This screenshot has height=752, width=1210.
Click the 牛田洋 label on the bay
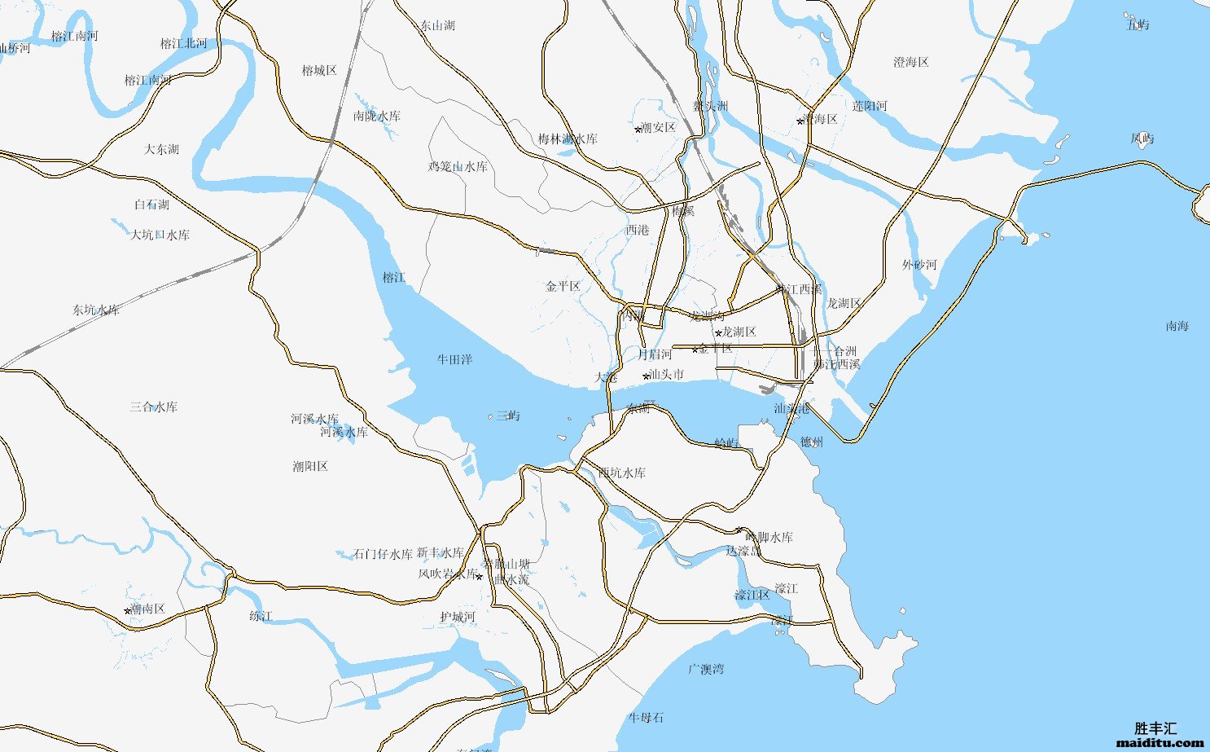[x=454, y=359]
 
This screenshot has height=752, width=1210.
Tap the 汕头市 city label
[x=665, y=375]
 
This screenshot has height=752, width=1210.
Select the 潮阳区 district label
[x=310, y=466]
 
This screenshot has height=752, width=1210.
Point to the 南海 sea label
[x=1177, y=326]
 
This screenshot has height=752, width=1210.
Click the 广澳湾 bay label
[x=705, y=669]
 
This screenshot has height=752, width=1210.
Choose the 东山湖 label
[x=437, y=25]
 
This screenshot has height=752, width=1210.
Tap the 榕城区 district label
[x=319, y=70]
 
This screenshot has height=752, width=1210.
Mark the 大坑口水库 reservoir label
[x=160, y=235]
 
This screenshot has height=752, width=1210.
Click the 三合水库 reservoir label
[x=153, y=407]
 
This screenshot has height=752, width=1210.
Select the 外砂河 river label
[x=919, y=265]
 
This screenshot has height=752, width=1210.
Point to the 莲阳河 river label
[x=870, y=106]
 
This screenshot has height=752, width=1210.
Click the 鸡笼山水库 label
[x=458, y=166]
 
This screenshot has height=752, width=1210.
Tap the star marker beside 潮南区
[x=128, y=610]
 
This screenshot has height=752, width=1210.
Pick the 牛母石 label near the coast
[x=646, y=717]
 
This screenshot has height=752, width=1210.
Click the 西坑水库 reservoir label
[x=621, y=472]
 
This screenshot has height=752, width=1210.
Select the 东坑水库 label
[x=96, y=310]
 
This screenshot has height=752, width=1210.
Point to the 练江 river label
[x=261, y=616]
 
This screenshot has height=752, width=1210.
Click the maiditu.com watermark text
[x=1160, y=742]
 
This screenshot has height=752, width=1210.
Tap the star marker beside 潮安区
[x=638, y=129]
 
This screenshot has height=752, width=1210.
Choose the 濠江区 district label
[x=752, y=595]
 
